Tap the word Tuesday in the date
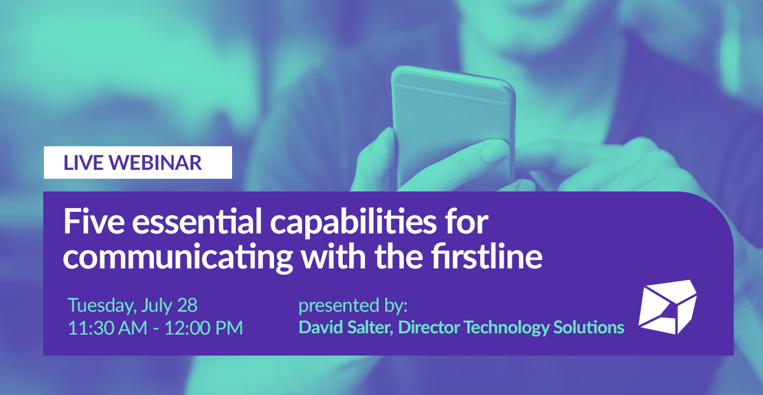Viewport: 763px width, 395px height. point(100,306)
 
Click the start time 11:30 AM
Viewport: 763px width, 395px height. point(106,328)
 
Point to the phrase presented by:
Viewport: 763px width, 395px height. point(352,306)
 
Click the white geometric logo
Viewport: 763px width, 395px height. point(668,307)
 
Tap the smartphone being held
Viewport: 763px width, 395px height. point(453,121)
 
